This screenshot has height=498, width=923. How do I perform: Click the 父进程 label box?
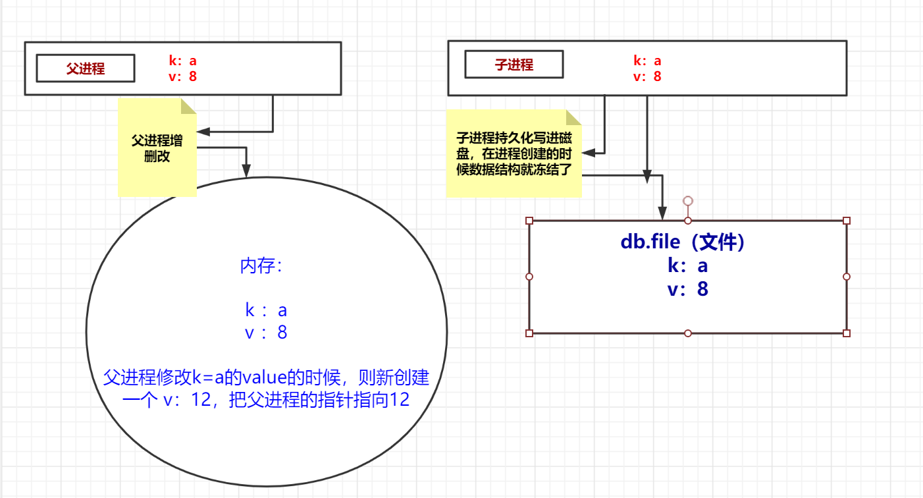click(86, 69)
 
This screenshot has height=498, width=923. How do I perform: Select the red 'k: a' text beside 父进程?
click(183, 61)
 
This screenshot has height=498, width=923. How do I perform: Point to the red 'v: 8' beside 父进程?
click(183, 76)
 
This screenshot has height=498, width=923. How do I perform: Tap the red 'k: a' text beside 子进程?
click(647, 61)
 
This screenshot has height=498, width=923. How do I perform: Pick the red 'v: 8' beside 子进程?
click(647, 76)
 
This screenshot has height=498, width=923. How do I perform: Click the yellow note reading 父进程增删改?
click(157, 149)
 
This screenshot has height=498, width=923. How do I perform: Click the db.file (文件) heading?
click(683, 242)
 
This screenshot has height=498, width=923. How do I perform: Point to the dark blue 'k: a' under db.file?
click(687, 265)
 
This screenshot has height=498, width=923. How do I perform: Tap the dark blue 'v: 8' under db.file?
click(687, 289)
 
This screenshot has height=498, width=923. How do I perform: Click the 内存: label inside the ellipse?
click(261, 266)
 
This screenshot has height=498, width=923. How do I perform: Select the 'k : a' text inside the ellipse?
click(266, 310)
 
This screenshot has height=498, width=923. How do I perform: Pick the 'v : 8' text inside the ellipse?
click(266, 333)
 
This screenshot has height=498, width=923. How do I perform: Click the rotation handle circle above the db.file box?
click(688, 200)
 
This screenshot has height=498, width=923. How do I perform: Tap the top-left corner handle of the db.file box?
click(529, 221)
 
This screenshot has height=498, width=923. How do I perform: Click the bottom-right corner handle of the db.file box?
click(847, 333)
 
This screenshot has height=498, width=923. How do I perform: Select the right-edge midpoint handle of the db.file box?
click(847, 277)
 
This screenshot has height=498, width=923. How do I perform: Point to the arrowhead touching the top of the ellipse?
click(247, 173)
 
